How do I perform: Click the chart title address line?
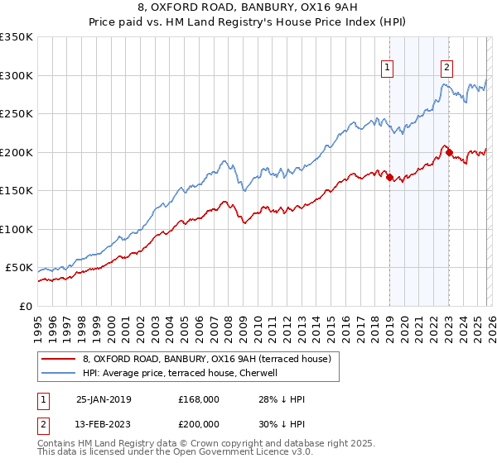[248, 10]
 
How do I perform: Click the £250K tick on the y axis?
[17, 114]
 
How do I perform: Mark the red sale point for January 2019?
[389, 177]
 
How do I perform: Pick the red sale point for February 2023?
[449, 152]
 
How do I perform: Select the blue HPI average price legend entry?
[182, 373]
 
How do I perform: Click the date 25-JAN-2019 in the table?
[104, 399]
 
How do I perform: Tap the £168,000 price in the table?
[199, 399]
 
